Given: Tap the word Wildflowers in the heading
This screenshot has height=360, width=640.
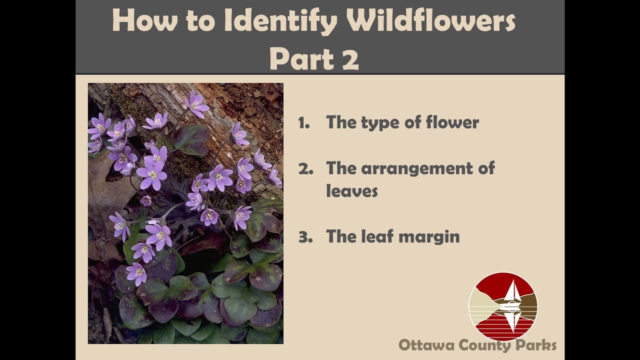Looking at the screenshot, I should [431, 21].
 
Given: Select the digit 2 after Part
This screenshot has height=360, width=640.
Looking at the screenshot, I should [350, 59].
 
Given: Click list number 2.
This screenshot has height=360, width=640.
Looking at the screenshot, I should [305, 169].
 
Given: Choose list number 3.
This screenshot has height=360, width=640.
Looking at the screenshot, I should [305, 237].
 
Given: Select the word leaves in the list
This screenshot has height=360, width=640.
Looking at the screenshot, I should [352, 190].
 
